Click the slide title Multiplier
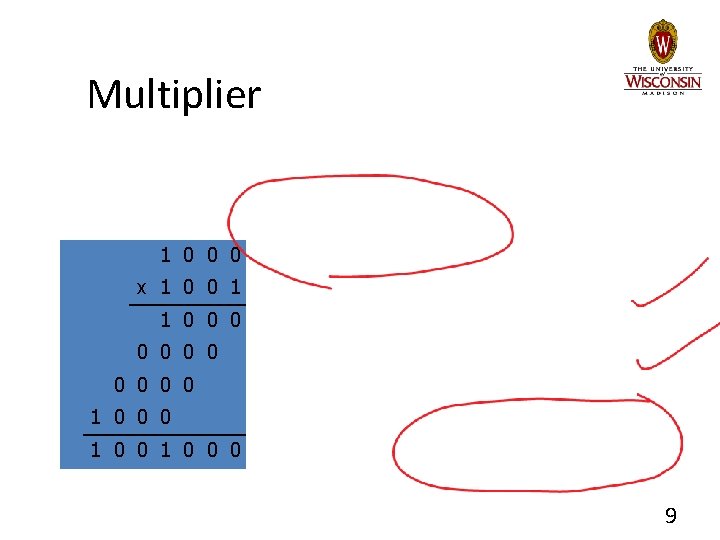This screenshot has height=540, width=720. coord(174,96)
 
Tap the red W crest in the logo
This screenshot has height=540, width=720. coord(662,42)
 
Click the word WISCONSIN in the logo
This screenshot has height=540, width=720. coord(662,80)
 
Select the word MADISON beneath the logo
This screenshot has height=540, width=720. coord(662,93)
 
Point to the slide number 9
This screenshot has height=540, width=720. coord(670,516)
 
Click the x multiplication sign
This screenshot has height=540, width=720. coord(141,288)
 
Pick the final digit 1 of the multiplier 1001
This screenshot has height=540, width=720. coord(234,288)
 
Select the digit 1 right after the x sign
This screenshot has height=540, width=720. coord(165,288)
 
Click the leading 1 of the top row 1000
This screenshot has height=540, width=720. coord(165,255)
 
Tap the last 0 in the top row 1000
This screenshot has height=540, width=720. coord(234,255)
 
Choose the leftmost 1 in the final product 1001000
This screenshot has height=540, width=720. coord(95,450)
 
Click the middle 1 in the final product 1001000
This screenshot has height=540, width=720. coord(165,450)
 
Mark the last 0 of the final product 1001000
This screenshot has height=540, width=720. coord(234,450)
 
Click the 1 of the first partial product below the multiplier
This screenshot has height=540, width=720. coord(165,320)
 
